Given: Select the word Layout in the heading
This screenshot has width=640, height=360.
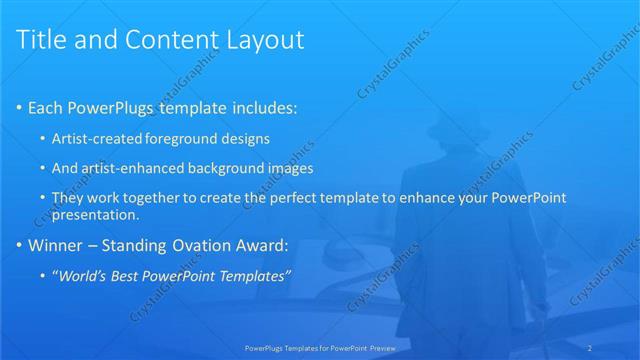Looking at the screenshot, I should point(262,41).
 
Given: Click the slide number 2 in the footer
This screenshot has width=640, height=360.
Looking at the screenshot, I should point(619,347).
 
